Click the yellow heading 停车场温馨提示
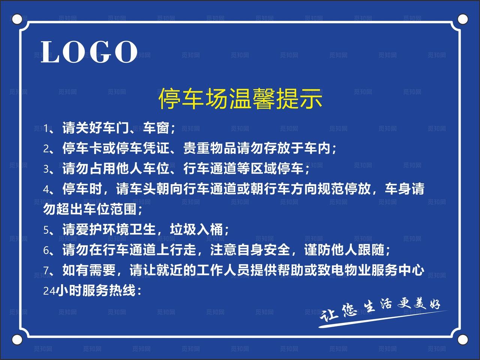[240, 99]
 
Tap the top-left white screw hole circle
[17, 19]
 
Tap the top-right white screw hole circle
[463, 19]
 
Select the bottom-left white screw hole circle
[17, 339]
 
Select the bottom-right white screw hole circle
[463, 339]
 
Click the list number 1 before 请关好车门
[46, 129]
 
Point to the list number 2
[46, 149]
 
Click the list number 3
[46, 169]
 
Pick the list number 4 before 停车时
[46, 190]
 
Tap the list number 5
[46, 230]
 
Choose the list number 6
[46, 250]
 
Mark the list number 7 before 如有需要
[46, 270]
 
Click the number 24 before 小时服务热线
[49, 291]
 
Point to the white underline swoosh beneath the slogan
[379, 320]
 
